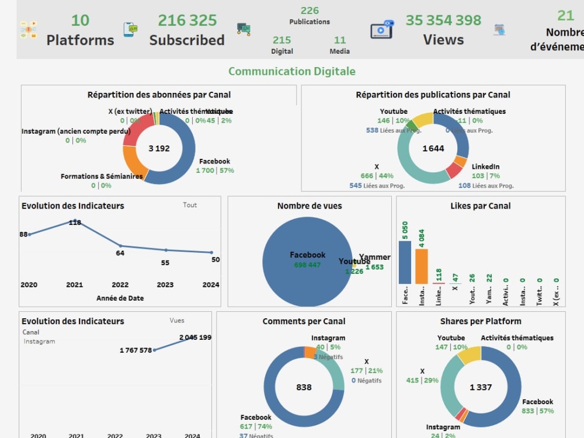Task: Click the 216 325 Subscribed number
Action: pyautogui.click(x=187, y=20)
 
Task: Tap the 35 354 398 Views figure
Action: pyautogui.click(x=443, y=20)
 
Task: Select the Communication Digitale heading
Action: pyautogui.click(x=291, y=71)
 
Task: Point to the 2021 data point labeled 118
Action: pyautogui.click(x=75, y=221)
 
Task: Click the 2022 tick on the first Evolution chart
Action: pyautogui.click(x=120, y=285)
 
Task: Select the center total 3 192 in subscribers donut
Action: pyautogui.click(x=159, y=148)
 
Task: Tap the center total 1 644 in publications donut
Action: pyautogui.click(x=433, y=148)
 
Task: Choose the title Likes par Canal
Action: pyautogui.click(x=480, y=206)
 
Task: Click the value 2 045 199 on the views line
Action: pyautogui.click(x=195, y=338)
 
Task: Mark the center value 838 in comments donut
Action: pyautogui.click(x=304, y=387)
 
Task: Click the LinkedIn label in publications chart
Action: pyautogui.click(x=485, y=166)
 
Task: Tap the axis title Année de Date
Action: pyautogui.click(x=120, y=298)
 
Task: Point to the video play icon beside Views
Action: pyautogui.click(x=381, y=29)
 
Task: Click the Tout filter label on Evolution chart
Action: pyautogui.click(x=190, y=205)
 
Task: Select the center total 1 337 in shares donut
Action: pyautogui.click(x=481, y=387)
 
